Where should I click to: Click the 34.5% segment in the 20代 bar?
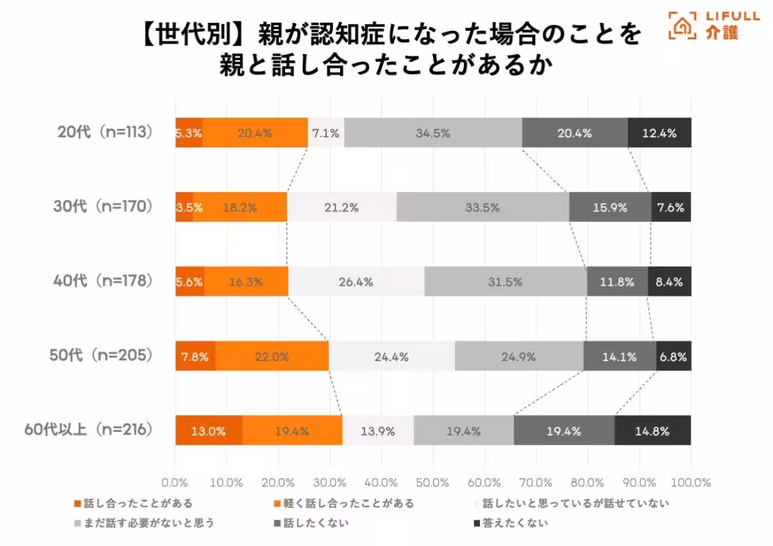433,133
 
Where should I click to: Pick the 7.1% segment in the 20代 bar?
326,133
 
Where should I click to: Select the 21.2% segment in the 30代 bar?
341,207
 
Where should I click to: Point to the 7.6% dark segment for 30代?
671,207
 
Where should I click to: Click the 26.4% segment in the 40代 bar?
356,281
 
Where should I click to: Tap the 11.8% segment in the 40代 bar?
617,281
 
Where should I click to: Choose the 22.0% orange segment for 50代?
272,356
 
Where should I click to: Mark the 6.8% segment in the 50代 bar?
673,356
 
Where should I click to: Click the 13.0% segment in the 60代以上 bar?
209,431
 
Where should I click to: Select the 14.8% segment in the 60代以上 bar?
653,431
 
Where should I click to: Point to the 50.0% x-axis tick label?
433,482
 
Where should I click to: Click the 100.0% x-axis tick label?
690,482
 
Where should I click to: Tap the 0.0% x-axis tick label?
175,482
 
